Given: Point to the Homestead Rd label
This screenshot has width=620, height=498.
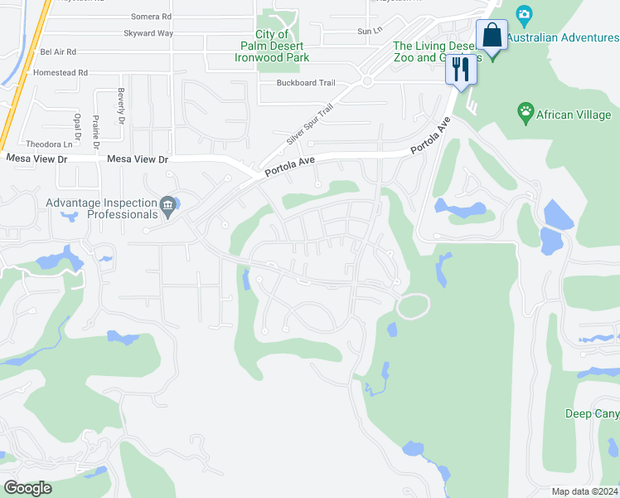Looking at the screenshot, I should [x=60, y=73].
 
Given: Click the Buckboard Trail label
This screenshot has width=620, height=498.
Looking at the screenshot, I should [x=306, y=83].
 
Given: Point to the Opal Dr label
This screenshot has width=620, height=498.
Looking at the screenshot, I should [x=78, y=124].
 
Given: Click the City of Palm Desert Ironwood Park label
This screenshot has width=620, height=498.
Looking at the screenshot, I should [x=271, y=46].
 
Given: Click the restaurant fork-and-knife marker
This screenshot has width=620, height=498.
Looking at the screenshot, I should [x=461, y=69].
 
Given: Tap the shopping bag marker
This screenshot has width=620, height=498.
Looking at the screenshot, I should [x=492, y=37].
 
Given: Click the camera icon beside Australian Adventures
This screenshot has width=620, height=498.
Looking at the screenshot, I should [x=523, y=14].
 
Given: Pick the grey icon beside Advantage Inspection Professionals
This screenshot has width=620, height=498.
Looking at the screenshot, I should [x=168, y=204].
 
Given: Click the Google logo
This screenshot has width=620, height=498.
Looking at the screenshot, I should [x=27, y=488].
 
